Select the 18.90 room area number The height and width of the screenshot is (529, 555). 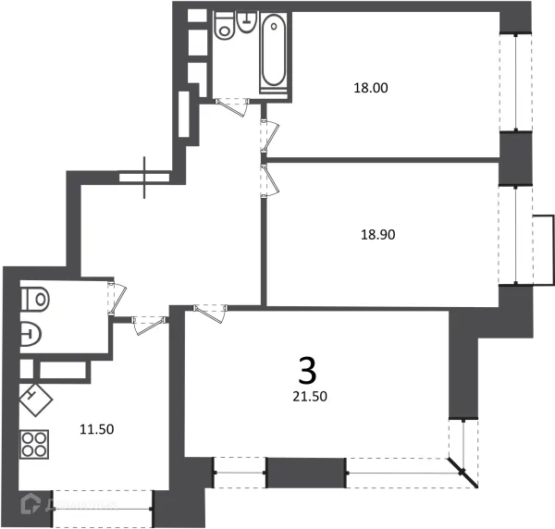377,235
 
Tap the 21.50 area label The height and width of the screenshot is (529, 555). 308,396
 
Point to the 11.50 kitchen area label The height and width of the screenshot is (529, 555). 96,429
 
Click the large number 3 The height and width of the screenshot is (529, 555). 307,371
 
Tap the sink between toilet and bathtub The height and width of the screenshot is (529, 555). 246,22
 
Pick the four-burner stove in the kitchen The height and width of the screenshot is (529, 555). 35,445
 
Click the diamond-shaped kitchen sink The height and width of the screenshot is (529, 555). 34,399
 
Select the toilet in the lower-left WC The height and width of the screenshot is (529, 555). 34,299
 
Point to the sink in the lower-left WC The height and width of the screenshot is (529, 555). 30,332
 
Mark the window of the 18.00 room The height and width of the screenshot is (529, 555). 516,83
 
